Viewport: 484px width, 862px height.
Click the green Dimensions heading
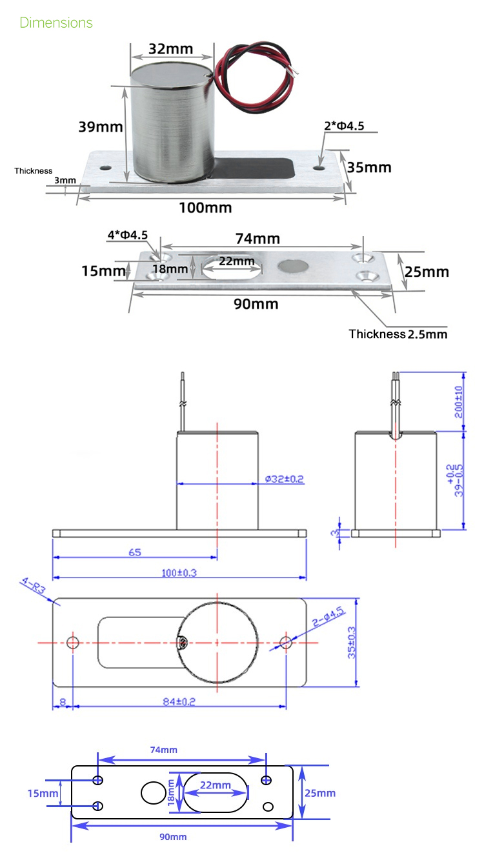coord(56,23)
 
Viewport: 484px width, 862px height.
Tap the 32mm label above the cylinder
coord(171,49)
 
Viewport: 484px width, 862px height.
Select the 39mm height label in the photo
coord(100,126)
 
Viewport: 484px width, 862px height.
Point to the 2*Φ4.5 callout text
coord(343,126)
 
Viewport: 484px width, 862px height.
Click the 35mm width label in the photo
coord(369,167)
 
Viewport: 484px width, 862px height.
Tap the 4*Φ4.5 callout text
coord(127,236)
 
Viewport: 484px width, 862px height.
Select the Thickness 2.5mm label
coord(398,334)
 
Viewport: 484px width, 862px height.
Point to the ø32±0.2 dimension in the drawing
coord(285,479)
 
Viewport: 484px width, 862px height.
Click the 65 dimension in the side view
coord(134,552)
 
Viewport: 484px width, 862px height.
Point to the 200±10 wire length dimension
coord(459,402)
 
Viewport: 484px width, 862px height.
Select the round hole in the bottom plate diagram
coord(153,793)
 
